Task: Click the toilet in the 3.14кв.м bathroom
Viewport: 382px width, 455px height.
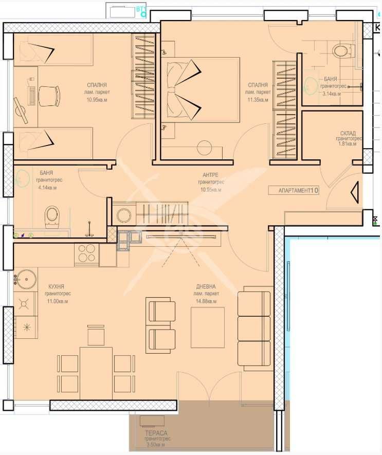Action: pyautogui.click(x=340, y=51)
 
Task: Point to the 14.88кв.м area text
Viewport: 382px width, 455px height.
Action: pyautogui.click(x=205, y=301)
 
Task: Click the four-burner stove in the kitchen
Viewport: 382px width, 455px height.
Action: pyautogui.click(x=86, y=254)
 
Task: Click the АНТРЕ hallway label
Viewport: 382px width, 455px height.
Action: pyautogui.click(x=210, y=175)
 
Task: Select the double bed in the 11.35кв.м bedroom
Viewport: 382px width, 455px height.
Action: pyautogui.click(x=202, y=89)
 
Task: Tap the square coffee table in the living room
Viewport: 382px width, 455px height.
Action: pyautogui.click(x=207, y=327)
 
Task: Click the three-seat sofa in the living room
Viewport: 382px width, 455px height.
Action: pyautogui.click(x=254, y=329)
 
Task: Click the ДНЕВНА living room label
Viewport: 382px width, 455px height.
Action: pyautogui.click(x=206, y=286)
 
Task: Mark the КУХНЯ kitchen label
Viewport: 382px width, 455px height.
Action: pyautogui.click(x=56, y=286)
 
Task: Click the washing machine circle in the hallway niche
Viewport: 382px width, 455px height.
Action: pyautogui.click(x=124, y=215)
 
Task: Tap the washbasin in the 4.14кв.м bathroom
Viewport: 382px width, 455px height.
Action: pyautogui.click(x=23, y=178)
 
